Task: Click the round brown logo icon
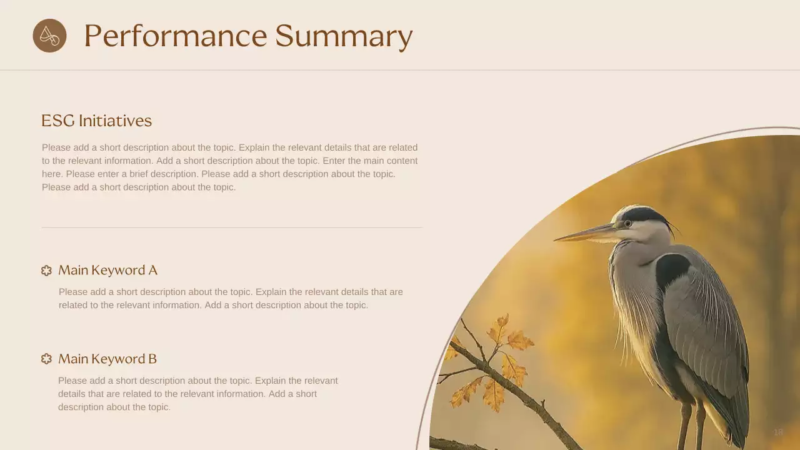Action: point(49,36)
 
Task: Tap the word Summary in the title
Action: point(344,36)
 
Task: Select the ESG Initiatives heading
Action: point(96,121)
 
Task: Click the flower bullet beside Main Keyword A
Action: point(46,271)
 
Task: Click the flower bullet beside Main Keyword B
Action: point(46,359)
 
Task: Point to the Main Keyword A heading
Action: point(107,270)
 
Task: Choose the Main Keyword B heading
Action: point(107,359)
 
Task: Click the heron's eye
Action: point(627,223)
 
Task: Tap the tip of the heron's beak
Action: point(556,239)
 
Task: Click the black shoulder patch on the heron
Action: point(671,268)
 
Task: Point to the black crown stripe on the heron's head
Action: point(644,215)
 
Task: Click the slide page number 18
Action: point(778,432)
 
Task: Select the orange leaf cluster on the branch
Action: point(500,362)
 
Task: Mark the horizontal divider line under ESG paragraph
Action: point(231,227)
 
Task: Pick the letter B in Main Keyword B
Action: point(152,359)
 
